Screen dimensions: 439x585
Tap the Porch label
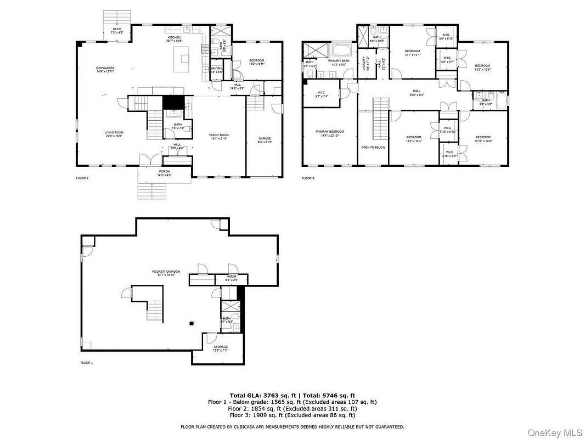pyautogui.click(x=164, y=172)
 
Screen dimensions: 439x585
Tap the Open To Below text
pyautogui.click(x=373, y=147)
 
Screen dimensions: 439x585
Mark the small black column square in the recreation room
pyautogui.click(x=191, y=323)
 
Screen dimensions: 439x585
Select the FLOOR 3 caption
pyautogui.click(x=308, y=178)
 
